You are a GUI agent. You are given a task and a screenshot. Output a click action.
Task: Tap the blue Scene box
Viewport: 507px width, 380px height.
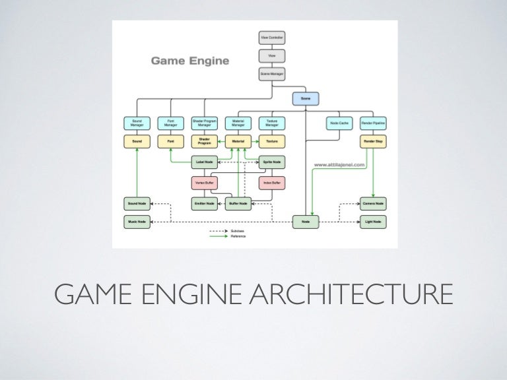point(305,99)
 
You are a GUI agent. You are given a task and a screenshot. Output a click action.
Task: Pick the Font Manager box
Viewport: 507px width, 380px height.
point(170,123)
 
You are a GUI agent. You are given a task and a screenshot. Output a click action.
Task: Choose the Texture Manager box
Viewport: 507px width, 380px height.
point(271,123)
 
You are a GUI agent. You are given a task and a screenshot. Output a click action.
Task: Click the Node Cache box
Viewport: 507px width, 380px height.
point(339,123)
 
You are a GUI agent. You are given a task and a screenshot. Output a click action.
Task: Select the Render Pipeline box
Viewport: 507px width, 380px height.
point(373,123)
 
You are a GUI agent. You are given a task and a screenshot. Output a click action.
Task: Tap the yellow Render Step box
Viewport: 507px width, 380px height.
point(373,141)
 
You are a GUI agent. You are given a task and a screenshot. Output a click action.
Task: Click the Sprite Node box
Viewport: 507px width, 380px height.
point(271,161)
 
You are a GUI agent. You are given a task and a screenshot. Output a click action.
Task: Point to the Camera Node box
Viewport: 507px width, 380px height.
point(373,203)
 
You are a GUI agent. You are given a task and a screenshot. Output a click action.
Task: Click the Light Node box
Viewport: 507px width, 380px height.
point(373,222)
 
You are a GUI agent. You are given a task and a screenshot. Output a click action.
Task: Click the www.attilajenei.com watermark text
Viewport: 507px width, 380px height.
point(340,166)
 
